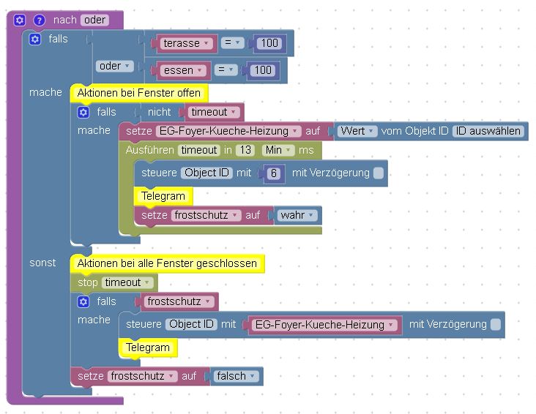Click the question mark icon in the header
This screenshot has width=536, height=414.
(39, 20)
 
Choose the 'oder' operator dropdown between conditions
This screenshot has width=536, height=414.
(114, 67)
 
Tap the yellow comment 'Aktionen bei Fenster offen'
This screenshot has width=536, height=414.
(138, 93)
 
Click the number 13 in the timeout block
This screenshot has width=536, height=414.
(245, 150)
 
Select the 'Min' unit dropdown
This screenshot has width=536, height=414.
(278, 150)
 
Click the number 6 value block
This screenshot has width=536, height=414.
(273, 173)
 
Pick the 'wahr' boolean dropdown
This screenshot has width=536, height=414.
(297, 215)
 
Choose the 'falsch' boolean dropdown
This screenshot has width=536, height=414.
(236, 376)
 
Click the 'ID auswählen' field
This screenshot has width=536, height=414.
(488, 132)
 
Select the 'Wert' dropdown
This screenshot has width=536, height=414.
(357, 132)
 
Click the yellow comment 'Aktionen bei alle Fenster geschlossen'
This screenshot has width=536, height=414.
(167, 263)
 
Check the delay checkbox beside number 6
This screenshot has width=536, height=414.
(378, 173)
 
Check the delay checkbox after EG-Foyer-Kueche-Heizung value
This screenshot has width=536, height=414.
(496, 325)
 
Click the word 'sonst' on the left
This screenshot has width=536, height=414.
(42, 263)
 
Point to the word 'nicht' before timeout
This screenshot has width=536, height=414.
(159, 112)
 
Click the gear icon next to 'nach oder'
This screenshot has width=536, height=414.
(20, 20)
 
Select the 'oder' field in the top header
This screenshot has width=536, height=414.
(94, 20)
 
